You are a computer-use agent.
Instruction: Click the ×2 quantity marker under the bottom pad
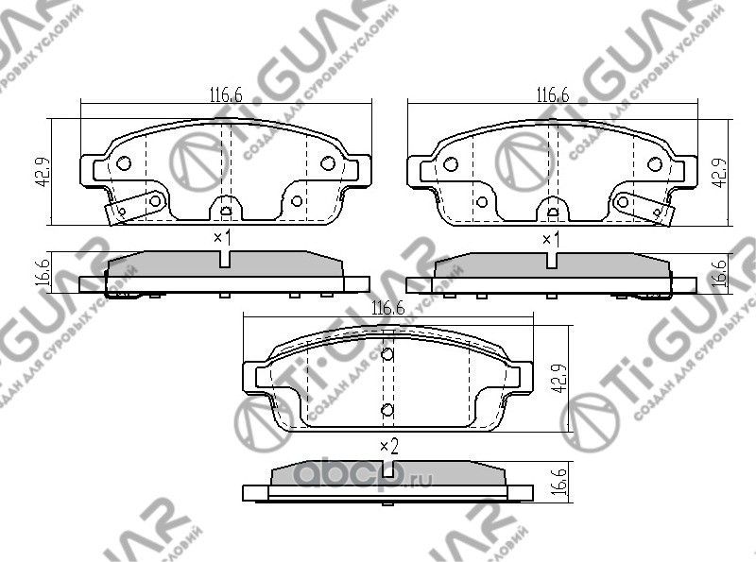[x=387, y=447]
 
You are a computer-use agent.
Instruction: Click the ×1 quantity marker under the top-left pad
[x=222, y=237]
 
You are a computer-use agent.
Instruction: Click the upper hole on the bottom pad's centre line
[x=387, y=355]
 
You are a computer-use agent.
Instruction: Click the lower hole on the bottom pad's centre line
[x=387, y=409]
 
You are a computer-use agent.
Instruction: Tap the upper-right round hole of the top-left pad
[x=327, y=162]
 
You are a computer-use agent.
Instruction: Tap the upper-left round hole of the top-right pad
[x=451, y=163]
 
